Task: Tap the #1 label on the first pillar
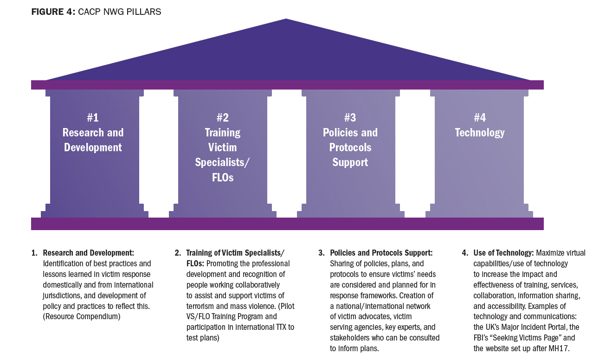93,118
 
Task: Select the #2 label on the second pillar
222,118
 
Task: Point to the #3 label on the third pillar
350,118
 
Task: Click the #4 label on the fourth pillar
479,118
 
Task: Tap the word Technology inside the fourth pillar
479,133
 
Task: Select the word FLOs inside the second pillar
222,177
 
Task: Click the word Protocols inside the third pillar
350,148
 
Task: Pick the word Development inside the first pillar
93,148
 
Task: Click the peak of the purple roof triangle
286,20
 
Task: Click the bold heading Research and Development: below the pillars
88,253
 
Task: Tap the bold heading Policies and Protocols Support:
381,253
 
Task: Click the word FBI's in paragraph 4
484,338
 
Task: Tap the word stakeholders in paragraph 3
351,338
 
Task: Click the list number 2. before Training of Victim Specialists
178,253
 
